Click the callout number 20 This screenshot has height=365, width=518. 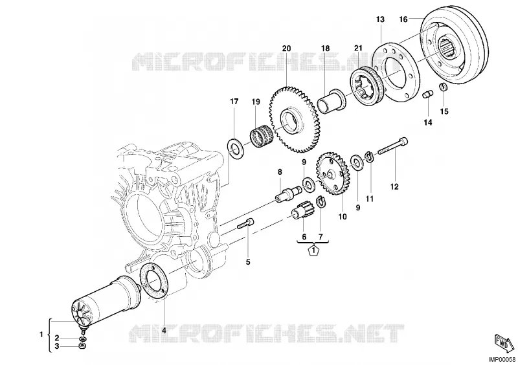click(286, 49)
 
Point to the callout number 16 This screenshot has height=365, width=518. click(403, 19)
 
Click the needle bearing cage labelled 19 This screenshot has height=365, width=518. click(262, 135)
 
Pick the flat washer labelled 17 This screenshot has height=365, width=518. click(234, 149)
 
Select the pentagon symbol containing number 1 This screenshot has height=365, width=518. click(313, 250)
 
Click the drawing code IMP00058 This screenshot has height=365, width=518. click(502, 360)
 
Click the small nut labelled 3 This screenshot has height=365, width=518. click(83, 346)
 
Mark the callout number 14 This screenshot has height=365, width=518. click(428, 122)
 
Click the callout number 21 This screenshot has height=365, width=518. click(359, 49)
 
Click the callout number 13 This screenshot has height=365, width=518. click(380, 19)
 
